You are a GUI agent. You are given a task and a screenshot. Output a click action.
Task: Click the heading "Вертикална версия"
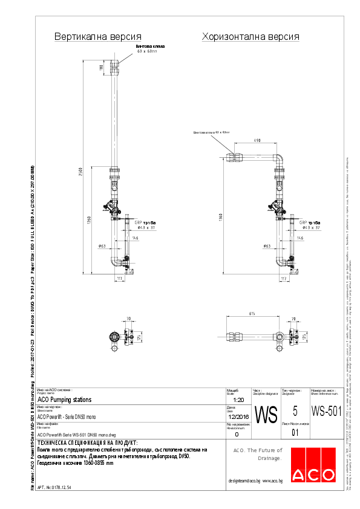pos(98,37)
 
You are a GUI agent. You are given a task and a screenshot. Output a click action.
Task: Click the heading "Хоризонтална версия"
pos(250,37)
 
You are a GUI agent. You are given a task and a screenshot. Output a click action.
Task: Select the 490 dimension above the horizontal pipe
pos(257,141)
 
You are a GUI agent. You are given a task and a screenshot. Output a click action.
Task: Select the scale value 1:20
pos(238,400)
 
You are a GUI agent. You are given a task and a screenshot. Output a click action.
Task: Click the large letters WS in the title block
pos(266,414)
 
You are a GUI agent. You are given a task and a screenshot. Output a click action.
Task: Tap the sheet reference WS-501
pos(326,411)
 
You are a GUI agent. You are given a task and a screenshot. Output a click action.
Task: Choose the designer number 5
pos(295,411)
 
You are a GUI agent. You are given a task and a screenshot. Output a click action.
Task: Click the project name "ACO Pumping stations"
pos(65,400)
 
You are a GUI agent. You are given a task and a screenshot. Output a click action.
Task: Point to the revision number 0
pos(237,434)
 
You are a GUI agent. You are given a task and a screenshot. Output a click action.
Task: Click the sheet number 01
pos(295,433)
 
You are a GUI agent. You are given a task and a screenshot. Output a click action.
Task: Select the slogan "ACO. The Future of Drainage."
pos(258,454)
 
